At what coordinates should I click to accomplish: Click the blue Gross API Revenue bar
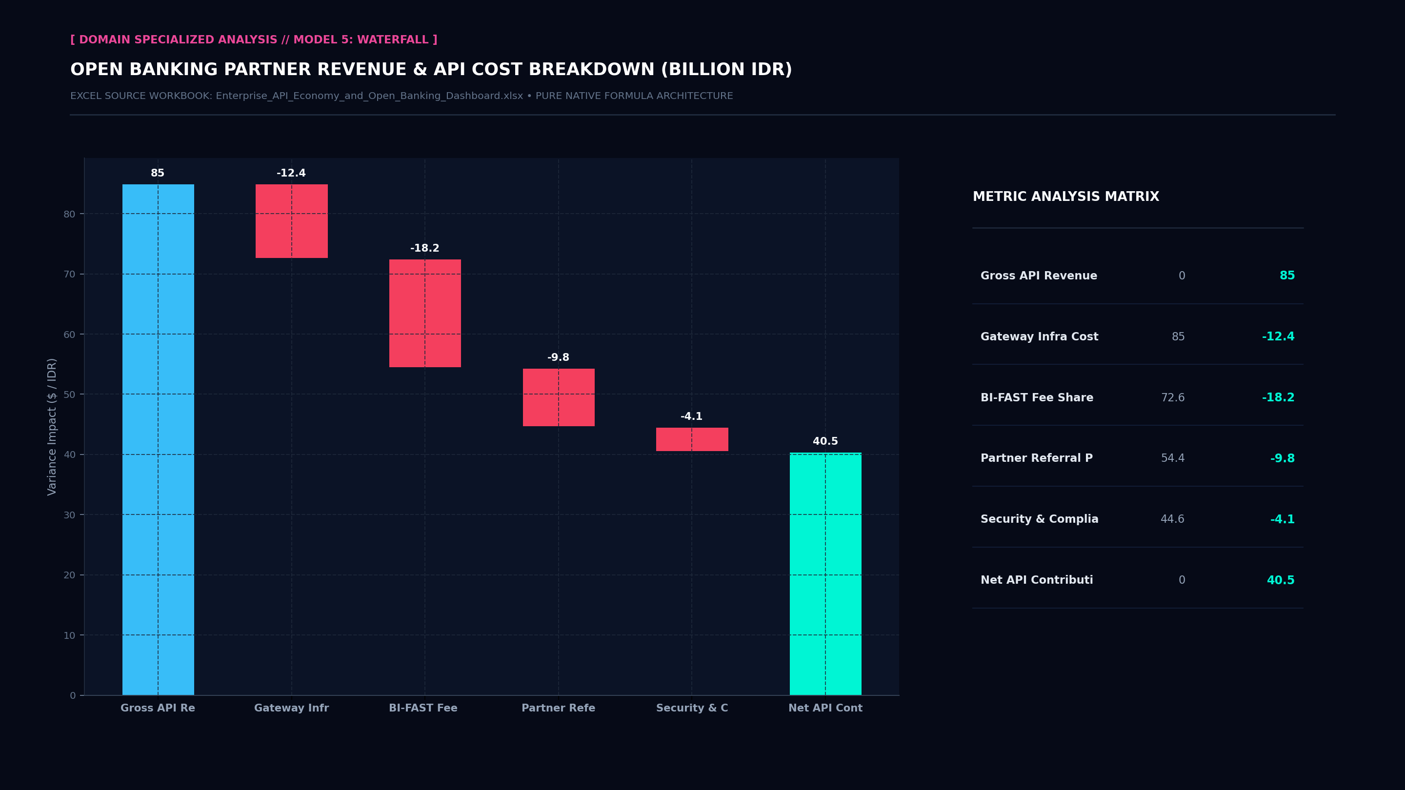[158, 439]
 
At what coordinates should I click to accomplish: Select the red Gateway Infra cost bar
[292, 221]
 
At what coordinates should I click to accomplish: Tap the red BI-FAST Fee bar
[425, 314]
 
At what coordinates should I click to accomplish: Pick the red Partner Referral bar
[559, 397]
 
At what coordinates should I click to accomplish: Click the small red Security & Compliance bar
[692, 439]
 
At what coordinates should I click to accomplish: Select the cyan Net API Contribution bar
[826, 574]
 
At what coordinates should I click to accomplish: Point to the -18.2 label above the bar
[425, 248]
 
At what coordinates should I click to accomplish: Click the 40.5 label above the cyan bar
[825, 441]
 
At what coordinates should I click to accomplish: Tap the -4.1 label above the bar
[692, 416]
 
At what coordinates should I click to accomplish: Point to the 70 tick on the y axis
[69, 274]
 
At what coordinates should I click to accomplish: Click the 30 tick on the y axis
[69, 514]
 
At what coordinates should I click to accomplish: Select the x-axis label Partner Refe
[559, 708]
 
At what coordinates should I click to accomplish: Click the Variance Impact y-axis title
[52, 427]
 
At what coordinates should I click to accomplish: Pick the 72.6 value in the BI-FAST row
[1173, 397]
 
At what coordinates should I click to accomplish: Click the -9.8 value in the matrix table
[1282, 458]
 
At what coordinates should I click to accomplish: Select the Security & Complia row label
[1040, 519]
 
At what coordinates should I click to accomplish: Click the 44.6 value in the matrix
[1173, 519]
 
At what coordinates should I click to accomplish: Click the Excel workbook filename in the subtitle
[369, 96]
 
